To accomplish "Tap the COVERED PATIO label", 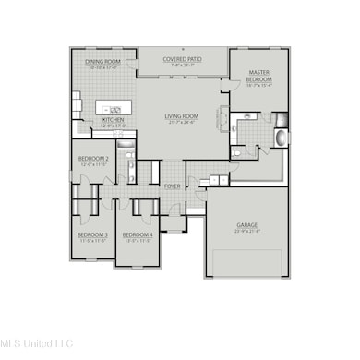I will click(182, 59).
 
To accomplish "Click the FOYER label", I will click(173, 186).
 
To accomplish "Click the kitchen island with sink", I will click(114, 102).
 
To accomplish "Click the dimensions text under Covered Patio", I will click(182, 66).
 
